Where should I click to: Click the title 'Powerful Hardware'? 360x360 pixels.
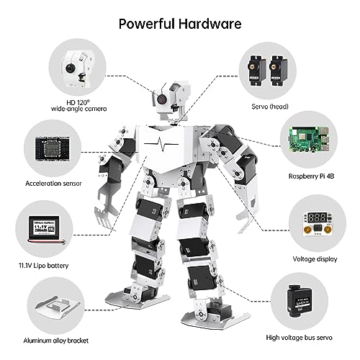pyautogui.click(x=180, y=22)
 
